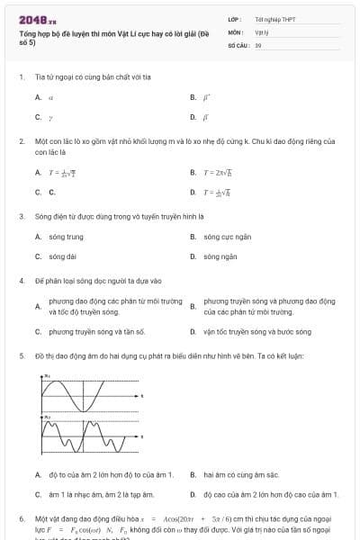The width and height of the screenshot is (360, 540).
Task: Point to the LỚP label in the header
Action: point(235,18)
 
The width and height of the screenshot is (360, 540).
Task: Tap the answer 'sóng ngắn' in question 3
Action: point(220,256)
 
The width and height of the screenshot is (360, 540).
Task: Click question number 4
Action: point(22,280)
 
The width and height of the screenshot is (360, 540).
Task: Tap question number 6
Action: point(22,519)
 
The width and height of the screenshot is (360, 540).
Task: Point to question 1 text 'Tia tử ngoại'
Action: point(81,77)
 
